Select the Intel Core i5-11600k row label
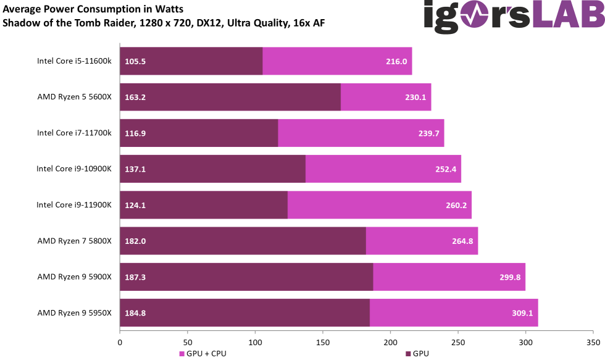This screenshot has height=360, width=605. tap(74, 61)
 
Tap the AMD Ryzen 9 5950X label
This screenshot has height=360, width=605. tap(74, 312)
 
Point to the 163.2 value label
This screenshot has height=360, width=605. tap(135, 97)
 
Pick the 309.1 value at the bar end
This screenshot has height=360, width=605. tap(522, 313)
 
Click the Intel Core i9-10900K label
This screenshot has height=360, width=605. tap(74, 169)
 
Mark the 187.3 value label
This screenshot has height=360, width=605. tap(135, 277)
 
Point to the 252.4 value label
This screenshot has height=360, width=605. tap(445, 169)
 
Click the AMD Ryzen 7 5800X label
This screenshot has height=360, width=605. tap(74, 241)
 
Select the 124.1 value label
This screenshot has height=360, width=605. tap(135, 205)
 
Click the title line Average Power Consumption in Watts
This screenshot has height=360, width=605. tap(93, 9)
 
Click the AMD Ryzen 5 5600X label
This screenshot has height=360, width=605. tap(74, 97)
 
